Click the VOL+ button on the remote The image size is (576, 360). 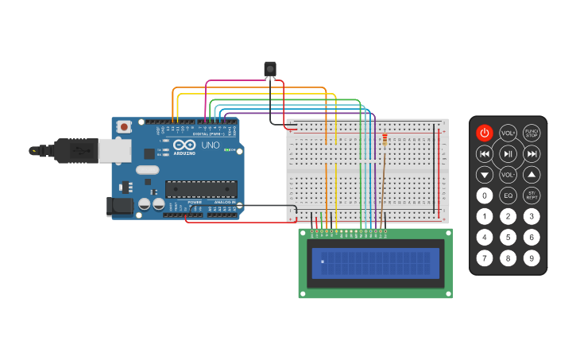508,133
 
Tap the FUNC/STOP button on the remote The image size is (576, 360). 532,133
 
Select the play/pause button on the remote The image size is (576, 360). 508,153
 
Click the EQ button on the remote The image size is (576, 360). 508,195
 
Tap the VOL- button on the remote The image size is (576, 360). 508,174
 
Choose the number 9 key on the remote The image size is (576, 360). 532,257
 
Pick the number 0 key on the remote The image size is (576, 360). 484,195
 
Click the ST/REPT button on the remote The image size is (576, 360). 532,195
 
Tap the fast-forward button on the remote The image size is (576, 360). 532,153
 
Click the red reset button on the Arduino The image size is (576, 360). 124,126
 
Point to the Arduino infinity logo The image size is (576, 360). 184,146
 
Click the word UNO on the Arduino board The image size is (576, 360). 210,146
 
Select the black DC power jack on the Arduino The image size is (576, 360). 119,206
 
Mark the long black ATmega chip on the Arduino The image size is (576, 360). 200,189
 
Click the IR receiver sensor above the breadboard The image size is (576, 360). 270,69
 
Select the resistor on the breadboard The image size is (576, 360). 385,141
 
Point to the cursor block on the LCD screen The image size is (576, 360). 323,261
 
